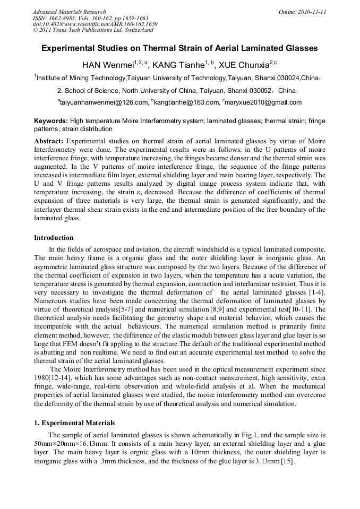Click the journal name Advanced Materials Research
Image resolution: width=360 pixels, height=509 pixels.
click(69, 12)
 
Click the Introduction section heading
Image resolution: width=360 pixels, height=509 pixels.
click(54, 238)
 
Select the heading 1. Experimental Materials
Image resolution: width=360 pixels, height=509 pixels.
click(74, 423)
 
